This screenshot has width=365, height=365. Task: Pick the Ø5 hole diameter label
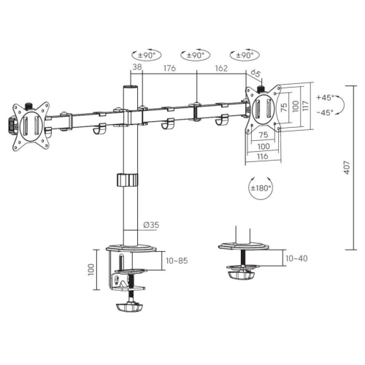pyautogui.click(x=256, y=73)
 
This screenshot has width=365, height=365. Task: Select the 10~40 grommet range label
pyautogui.click(x=296, y=258)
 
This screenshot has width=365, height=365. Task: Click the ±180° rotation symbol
pyautogui.click(x=259, y=188)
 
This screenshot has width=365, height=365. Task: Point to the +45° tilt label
pyautogui.click(x=326, y=98)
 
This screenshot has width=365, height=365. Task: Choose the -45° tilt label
pyautogui.click(x=326, y=112)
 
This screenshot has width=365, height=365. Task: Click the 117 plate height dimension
pyautogui.click(x=306, y=106)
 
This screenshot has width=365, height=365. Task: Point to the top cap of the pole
pyautogui.click(x=129, y=87)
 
